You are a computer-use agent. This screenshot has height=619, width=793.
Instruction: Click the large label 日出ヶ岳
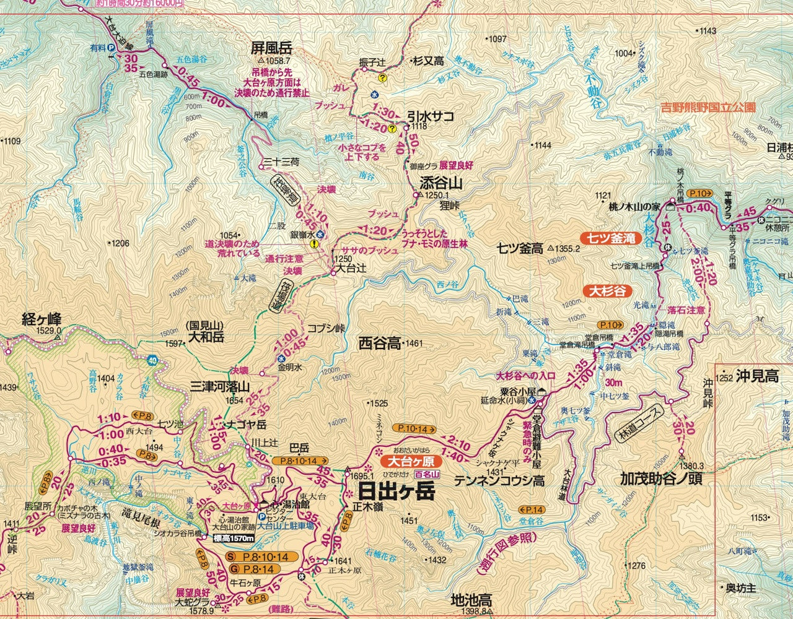(x=396, y=492)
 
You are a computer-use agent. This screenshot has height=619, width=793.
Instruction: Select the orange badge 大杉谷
(x=607, y=290)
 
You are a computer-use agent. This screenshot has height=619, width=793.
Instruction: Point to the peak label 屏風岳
(x=271, y=48)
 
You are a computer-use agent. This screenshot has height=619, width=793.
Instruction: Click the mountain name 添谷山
(x=441, y=183)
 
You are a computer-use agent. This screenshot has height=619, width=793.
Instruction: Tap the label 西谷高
(x=379, y=343)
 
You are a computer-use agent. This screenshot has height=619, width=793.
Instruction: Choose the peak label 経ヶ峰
(x=42, y=319)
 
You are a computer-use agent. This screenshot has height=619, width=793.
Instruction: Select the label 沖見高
(x=756, y=376)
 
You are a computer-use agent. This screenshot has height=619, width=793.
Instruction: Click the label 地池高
(x=471, y=600)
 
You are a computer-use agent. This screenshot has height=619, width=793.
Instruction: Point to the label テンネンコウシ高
(x=499, y=480)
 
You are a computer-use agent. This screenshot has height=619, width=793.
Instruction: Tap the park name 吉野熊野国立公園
(x=708, y=107)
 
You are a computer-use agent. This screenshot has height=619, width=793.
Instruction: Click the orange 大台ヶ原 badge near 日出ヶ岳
(x=410, y=461)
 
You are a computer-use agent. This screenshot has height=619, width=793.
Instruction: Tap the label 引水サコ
(x=431, y=116)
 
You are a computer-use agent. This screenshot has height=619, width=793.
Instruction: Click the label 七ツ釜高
(x=520, y=249)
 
